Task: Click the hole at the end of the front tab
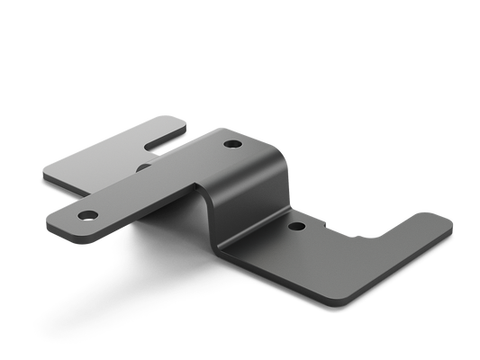point(88,216)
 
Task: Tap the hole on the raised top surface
point(233,144)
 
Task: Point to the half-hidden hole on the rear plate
point(143,167)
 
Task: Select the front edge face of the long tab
point(135,225)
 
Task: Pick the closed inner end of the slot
point(148,144)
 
